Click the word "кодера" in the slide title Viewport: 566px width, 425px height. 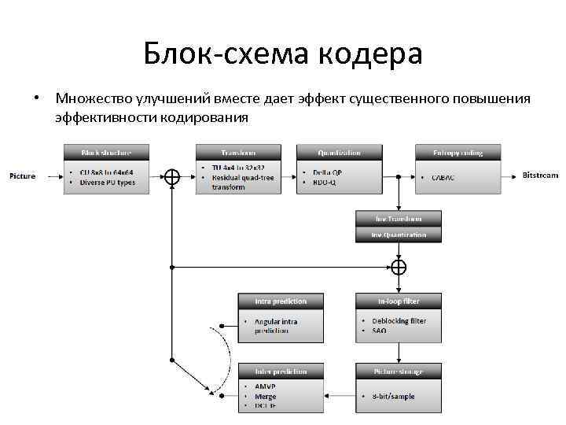point(371,54)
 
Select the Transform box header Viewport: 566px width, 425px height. point(237,152)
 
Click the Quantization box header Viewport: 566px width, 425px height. point(339,152)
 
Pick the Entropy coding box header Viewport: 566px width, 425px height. point(458,152)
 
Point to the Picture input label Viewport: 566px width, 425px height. point(23,176)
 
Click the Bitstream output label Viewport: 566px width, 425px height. point(541,176)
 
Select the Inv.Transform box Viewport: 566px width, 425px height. point(399,218)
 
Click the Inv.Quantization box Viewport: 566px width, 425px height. point(399,234)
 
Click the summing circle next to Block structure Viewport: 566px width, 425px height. point(171,177)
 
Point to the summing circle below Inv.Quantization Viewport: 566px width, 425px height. point(399,268)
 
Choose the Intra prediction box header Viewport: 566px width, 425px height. point(281,301)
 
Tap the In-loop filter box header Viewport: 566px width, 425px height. point(399,301)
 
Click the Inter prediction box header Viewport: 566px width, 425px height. point(281,371)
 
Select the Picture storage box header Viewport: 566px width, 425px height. point(399,371)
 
